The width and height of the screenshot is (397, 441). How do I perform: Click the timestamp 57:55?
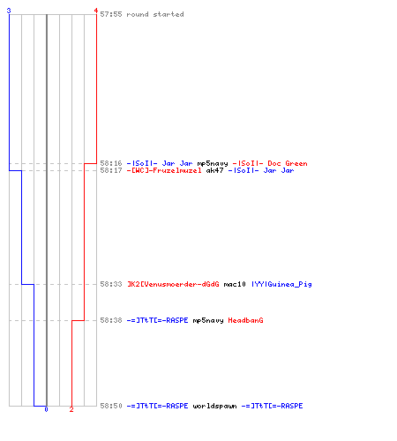[111, 14]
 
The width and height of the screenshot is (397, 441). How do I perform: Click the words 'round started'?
[155, 14]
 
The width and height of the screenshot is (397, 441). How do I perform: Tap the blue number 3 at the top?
[9, 11]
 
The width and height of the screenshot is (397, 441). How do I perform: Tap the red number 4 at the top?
[96, 11]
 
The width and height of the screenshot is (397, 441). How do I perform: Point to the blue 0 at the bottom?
[46, 409]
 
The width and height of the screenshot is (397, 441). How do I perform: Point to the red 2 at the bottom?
[71, 409]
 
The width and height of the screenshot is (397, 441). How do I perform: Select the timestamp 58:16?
[111, 163]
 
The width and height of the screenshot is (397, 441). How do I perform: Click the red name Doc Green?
[288, 163]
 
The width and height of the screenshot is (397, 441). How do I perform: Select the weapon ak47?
[214, 170]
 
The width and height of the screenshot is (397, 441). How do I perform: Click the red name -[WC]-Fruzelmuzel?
[164, 170]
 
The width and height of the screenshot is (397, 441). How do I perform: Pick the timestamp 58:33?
[111, 284]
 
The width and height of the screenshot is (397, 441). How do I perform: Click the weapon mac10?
[235, 284]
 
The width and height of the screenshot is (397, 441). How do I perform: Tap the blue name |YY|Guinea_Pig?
[281, 284]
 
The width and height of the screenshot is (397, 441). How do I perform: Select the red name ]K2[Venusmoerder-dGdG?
[173, 284]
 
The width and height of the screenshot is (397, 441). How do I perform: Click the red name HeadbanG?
[245, 320]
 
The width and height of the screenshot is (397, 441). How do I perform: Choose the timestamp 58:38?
[111, 320]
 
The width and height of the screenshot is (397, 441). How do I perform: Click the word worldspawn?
[214, 406]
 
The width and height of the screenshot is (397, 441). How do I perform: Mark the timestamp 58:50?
[111, 406]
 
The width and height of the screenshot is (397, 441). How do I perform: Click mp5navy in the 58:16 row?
[213, 163]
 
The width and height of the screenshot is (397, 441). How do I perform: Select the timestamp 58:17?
[111, 170]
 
